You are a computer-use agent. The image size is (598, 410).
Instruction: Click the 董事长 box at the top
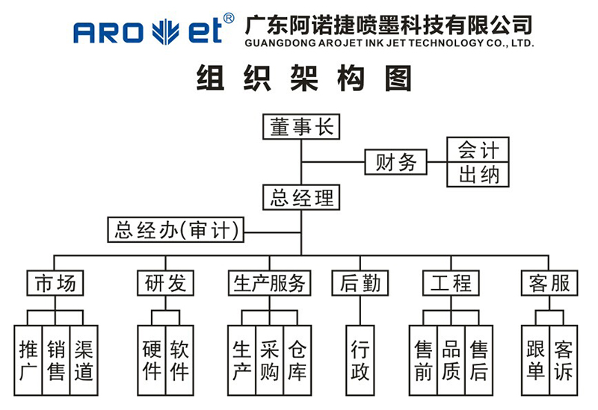click(301, 127)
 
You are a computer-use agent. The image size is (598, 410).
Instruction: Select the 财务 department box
click(395, 162)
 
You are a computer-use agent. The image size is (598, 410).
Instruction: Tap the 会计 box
click(478, 149)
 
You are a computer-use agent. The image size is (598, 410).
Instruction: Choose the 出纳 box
click(478, 175)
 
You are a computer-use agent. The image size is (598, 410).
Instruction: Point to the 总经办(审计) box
click(176, 230)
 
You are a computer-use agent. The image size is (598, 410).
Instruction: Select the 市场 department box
click(55, 283)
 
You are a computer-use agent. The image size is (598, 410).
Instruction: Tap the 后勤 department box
click(360, 283)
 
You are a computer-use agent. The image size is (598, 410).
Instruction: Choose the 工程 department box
click(451, 283)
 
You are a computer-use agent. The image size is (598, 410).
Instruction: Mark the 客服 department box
click(549, 283)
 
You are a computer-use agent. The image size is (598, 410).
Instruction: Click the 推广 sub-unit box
click(28, 361)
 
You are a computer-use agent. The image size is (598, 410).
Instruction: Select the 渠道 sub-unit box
click(84, 361)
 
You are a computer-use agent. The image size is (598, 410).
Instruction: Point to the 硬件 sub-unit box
click(152, 361)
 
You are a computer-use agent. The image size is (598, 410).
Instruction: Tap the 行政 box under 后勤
click(360, 361)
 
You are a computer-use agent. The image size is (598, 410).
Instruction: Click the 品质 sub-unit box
click(451, 361)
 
